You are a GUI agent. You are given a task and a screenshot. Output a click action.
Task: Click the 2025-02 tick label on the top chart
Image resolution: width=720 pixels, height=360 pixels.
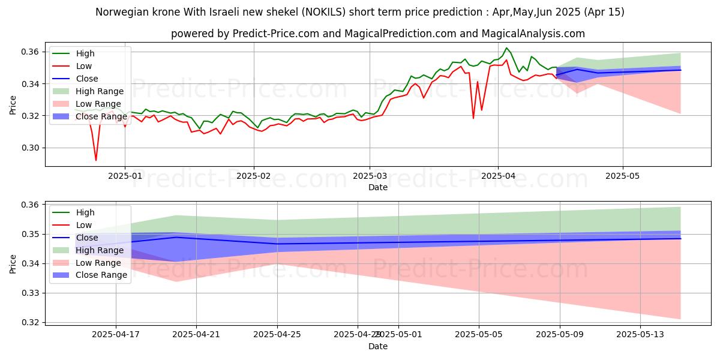pos(254,177)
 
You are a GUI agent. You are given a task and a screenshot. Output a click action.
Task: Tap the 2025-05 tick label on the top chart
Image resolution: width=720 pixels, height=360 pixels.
pos(623,177)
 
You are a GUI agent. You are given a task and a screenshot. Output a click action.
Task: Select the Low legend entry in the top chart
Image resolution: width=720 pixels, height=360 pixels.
pos(84,66)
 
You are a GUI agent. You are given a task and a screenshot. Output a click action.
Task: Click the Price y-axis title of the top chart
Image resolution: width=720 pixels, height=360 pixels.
pos(13,105)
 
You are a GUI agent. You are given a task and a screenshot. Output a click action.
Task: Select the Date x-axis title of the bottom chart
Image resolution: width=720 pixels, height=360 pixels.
pos(378,346)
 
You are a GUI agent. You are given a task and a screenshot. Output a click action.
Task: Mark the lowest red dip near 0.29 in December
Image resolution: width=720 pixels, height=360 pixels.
pos(96,160)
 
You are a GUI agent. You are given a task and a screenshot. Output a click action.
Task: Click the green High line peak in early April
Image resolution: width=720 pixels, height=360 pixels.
pos(506,48)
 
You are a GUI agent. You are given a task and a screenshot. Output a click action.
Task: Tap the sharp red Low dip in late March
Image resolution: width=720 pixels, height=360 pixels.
pos(473,118)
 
